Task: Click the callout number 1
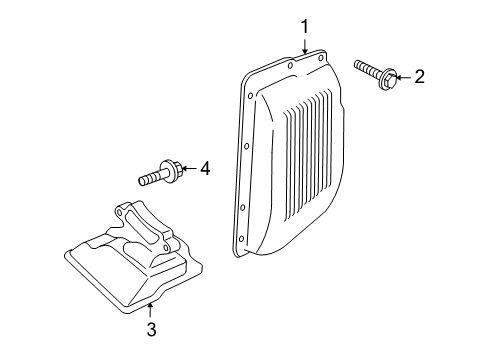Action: [305, 27]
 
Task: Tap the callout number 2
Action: [419, 77]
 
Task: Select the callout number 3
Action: [151, 329]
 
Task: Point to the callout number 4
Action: [205, 168]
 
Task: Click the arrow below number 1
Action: [305, 45]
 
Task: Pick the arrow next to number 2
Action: [403, 78]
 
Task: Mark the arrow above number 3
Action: [150, 310]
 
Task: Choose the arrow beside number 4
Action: [189, 168]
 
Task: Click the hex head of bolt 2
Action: [388, 79]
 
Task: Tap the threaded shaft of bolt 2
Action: [367, 68]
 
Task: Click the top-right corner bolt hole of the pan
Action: [320, 58]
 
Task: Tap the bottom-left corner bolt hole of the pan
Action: [241, 239]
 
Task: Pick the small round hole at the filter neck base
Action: [165, 247]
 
